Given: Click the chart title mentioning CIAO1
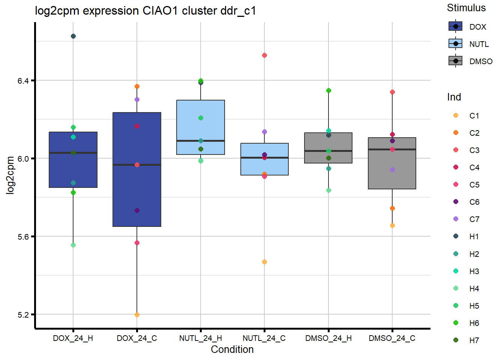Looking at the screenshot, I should [x=145, y=11].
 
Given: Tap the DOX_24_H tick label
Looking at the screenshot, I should [x=73, y=338].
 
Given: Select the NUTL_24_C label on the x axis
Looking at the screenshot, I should [x=264, y=338].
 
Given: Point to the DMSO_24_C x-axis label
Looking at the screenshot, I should [x=392, y=338].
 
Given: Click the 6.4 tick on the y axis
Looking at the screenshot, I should [x=23, y=81].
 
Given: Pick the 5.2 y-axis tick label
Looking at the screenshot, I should [x=23, y=315].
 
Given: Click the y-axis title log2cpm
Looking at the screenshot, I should [x=10, y=175].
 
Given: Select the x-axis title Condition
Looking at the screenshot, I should [x=232, y=349].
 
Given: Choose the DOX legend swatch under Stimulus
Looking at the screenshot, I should [x=456, y=27].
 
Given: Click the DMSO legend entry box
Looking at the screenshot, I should [x=456, y=61].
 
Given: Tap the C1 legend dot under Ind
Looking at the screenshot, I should [x=456, y=115].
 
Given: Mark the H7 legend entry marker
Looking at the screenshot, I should [x=456, y=340].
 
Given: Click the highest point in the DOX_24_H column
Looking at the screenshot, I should [x=73, y=36].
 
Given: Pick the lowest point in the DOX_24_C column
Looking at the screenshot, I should [x=137, y=315].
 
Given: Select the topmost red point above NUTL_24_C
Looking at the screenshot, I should [x=264, y=55].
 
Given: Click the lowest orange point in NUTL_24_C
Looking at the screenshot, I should [x=264, y=262].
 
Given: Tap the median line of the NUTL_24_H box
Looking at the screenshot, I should [x=201, y=141].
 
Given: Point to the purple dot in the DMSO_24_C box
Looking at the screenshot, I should [x=392, y=169].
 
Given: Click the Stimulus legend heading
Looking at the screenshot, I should [x=466, y=8].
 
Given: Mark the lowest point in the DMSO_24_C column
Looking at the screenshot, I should [x=392, y=225].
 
